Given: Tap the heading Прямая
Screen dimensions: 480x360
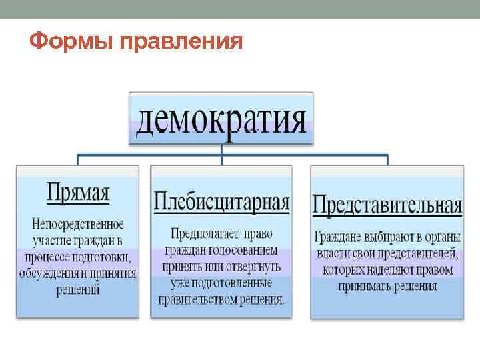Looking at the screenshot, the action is pyautogui.click(x=78, y=194).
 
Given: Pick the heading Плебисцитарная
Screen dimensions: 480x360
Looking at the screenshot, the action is pyautogui.click(x=222, y=201).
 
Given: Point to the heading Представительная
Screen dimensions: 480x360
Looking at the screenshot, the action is pyautogui.click(x=387, y=204).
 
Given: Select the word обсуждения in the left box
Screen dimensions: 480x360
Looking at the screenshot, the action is pyautogui.click(x=49, y=273).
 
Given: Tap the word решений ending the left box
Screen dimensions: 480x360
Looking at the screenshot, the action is pyautogui.click(x=78, y=289).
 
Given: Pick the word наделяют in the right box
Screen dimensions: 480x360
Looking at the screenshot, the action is pyautogui.click(x=393, y=270).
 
